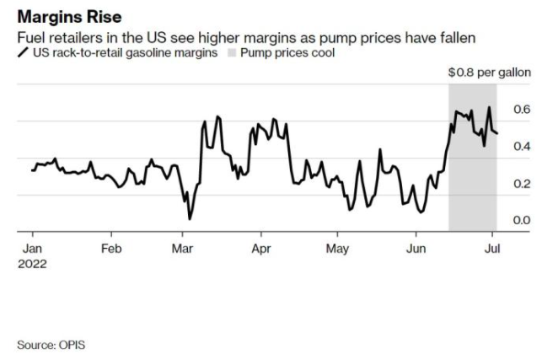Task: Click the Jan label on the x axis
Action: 32,249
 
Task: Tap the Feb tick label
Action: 111,249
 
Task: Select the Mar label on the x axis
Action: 183,249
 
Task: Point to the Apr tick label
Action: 260,249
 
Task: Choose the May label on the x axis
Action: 338,249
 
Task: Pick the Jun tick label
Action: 416,249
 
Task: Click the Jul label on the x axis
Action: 492,249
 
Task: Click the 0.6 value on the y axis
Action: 523,110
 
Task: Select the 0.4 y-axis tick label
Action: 523,147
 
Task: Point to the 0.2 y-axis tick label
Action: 523,184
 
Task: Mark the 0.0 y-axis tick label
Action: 523,221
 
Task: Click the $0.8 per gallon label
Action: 490,73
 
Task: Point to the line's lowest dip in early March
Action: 190,218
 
